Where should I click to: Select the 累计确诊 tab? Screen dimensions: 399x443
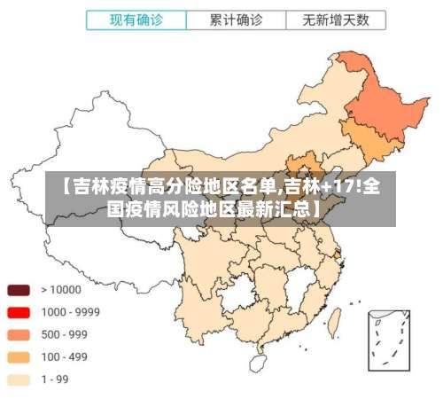click(236, 19)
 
